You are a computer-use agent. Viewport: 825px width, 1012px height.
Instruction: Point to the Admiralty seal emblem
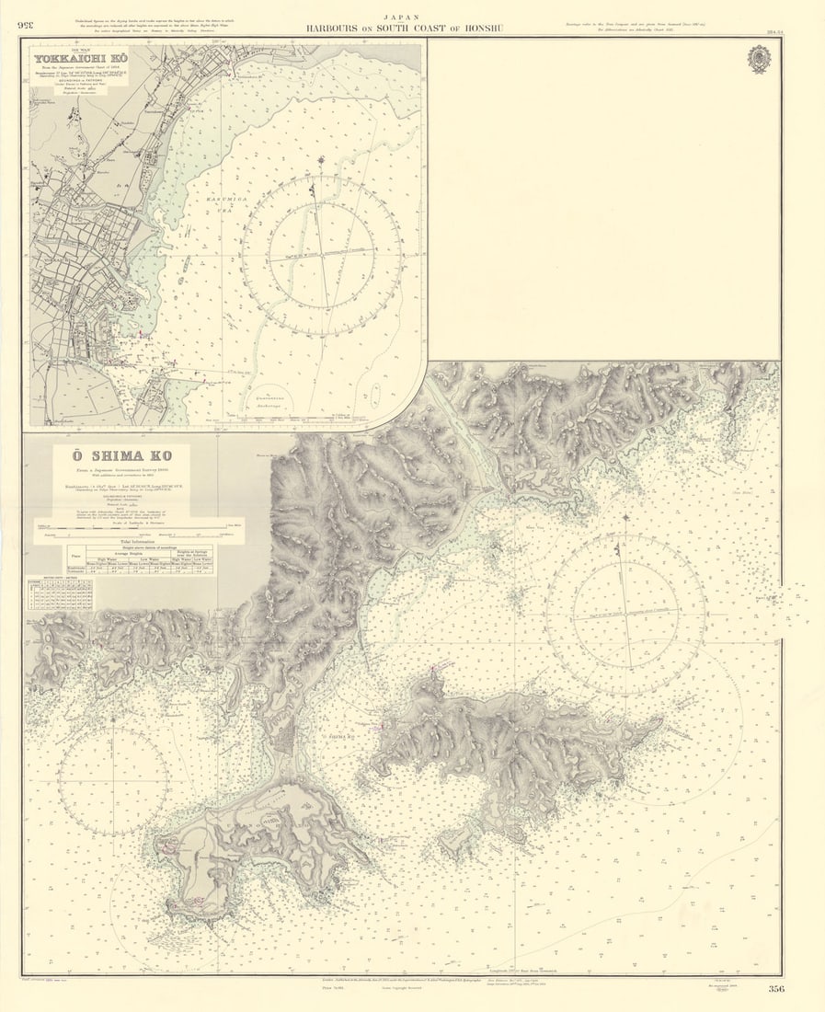(759, 59)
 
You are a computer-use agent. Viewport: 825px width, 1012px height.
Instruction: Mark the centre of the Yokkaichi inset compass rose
(321, 255)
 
